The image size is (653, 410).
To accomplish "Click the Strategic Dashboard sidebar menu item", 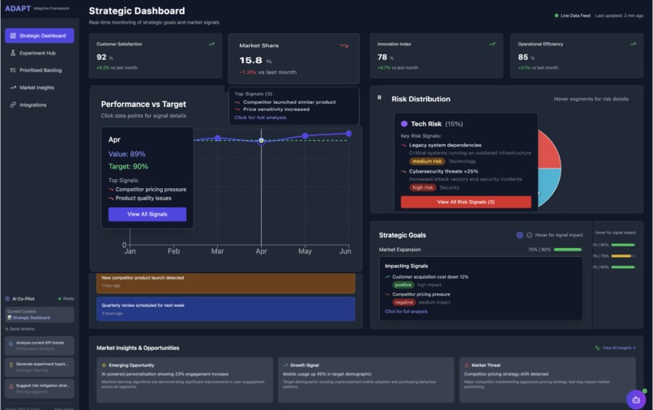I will tap(39, 36).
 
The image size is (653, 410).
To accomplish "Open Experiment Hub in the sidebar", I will tap(37, 53).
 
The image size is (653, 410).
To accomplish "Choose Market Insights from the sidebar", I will tap(36, 88).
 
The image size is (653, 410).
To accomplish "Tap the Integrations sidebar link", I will tap(33, 105).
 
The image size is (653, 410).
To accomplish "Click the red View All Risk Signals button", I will tap(466, 202).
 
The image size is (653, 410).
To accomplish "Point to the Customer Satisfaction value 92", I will tap(101, 58).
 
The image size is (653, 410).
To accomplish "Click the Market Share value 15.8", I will tap(250, 61).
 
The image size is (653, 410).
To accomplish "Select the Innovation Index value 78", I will tap(382, 58).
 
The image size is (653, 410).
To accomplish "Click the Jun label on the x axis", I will tap(345, 252).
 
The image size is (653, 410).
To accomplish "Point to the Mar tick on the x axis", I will tap(217, 252).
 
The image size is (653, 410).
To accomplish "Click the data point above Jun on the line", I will tap(348, 133).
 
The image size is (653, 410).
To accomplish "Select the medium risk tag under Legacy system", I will tap(426, 161).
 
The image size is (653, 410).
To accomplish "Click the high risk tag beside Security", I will tap(423, 187).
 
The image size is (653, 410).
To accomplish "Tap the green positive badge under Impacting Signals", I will tap(403, 285).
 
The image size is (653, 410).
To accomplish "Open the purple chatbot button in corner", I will tap(636, 399).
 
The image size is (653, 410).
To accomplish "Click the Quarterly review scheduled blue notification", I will tap(221, 309).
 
